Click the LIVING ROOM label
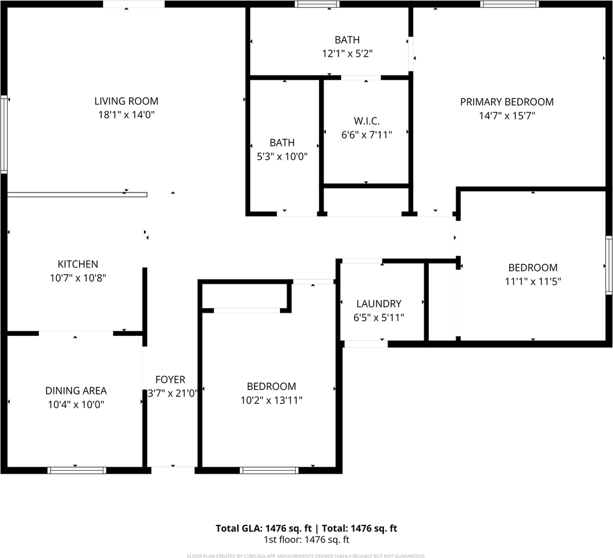coord(126,101)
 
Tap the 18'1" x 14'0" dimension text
coord(126,115)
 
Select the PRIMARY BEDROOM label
coord(507,102)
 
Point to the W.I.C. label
coord(367,121)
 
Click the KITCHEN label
coord(78,264)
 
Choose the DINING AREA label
coord(76,391)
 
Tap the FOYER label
coord(170,380)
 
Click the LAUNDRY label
coord(379,303)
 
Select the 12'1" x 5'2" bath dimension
coord(347,53)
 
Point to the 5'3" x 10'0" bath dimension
coord(282,156)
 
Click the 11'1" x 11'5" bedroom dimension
coord(533,281)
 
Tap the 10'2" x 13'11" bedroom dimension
coord(271,400)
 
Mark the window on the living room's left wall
coord(4,134)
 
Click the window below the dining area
coord(77,470)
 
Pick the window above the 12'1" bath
coord(317,4)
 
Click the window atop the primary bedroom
coord(510,4)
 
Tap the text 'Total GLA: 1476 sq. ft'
coord(263,528)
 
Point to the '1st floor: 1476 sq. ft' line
coord(307,540)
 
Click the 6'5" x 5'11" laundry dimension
coord(379,317)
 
